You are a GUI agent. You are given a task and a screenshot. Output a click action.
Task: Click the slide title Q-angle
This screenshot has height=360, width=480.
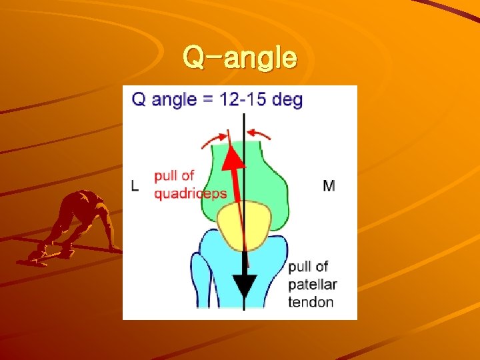click(240, 58)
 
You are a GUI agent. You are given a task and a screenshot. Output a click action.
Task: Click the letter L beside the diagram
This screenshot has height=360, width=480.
click(135, 185)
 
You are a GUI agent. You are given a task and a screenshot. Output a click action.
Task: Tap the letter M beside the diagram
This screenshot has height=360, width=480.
click(329, 185)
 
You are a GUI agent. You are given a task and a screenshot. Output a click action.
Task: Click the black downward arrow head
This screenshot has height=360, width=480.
click(245, 285)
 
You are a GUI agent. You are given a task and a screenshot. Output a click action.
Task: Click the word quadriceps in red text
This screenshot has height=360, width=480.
click(191, 194)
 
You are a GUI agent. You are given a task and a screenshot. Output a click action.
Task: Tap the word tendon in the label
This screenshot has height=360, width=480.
click(311, 302)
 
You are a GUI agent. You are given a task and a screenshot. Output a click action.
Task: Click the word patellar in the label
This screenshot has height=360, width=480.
click(313, 285)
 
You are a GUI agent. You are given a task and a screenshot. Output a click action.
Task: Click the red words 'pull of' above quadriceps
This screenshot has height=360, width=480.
click(173, 176)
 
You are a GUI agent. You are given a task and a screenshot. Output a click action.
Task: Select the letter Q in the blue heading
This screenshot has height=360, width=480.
click(139, 100)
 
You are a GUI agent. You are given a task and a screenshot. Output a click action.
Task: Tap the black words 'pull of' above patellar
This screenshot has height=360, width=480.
click(308, 267)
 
